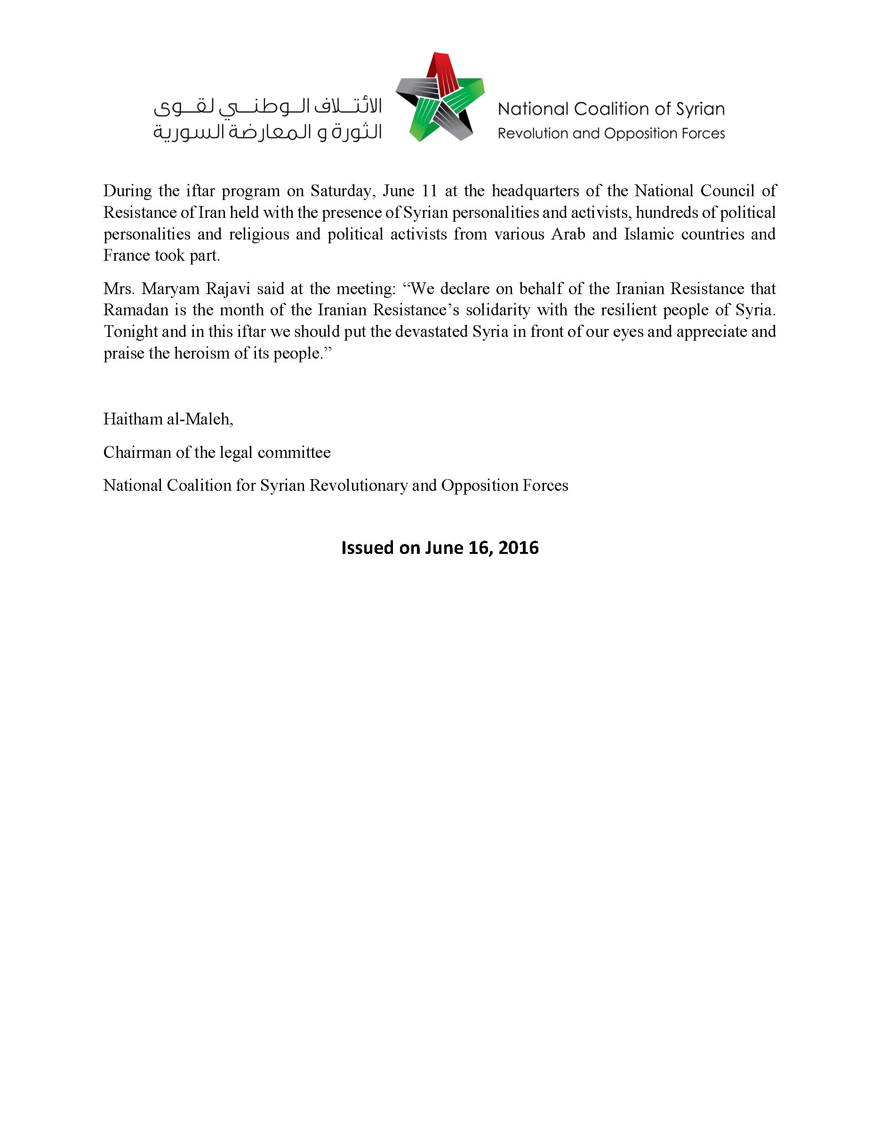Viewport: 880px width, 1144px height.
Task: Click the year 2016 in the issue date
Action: [519, 548]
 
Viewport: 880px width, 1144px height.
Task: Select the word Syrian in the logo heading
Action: [700, 109]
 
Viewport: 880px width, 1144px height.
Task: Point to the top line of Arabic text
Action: [268, 107]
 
